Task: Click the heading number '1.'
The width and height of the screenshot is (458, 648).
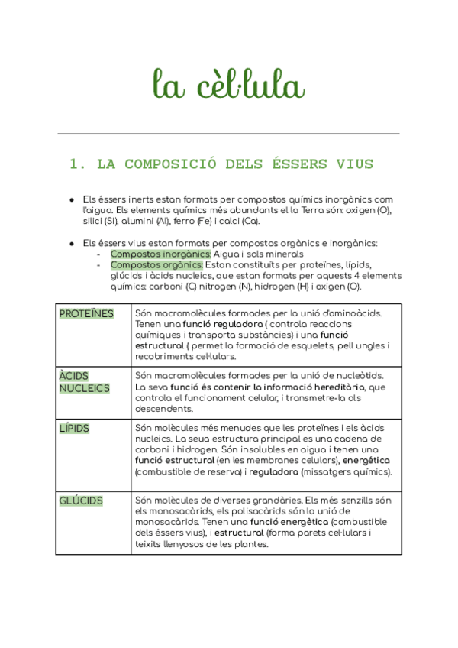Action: (76, 164)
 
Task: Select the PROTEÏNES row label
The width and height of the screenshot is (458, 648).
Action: (86, 314)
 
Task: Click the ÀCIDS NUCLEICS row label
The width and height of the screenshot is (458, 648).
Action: (84, 382)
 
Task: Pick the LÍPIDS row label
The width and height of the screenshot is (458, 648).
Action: (74, 429)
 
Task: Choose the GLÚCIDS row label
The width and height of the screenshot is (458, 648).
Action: (81, 501)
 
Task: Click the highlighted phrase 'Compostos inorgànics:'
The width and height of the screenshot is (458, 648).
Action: (161, 254)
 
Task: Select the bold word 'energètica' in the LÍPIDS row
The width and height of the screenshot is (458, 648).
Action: (366, 461)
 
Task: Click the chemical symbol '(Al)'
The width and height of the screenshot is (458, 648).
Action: (162, 222)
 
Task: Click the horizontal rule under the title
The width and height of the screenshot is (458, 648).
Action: (228, 134)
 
